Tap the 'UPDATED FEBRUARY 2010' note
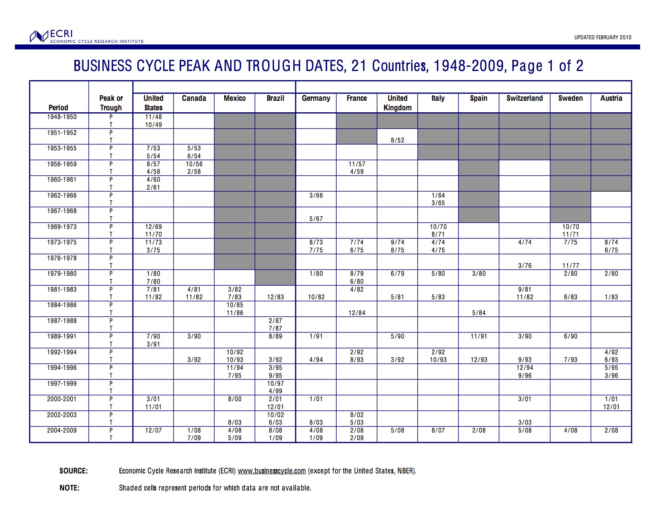click(602, 37)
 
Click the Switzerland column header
click(524, 98)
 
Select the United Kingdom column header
click(397, 103)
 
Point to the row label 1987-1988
click(62, 321)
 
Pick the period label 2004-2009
click(62, 430)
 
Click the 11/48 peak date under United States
click(153, 117)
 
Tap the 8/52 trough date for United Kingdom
click(397, 140)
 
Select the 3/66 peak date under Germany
click(316, 195)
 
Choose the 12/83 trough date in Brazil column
click(275, 297)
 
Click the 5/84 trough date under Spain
click(479, 313)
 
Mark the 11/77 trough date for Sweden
click(570, 266)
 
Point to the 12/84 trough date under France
click(356, 313)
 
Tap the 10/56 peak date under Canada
click(194, 164)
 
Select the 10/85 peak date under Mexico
click(235, 305)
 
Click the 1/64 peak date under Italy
click(438, 195)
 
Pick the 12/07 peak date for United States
click(153, 430)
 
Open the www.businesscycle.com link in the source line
click(272, 471)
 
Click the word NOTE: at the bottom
click(69, 488)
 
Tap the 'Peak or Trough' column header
click(111, 103)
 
